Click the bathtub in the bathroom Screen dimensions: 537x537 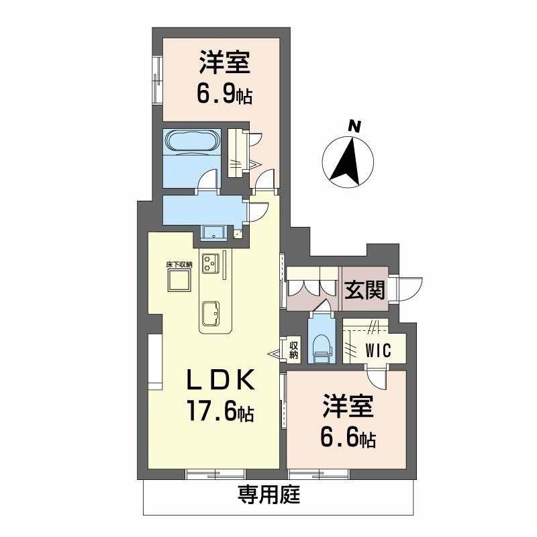click(192, 142)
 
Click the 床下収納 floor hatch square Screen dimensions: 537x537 click(179, 282)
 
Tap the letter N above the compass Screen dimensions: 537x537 click(352, 125)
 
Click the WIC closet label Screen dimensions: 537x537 click(377, 350)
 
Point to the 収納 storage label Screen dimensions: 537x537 click(294, 350)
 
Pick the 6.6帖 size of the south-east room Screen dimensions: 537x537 click(347, 439)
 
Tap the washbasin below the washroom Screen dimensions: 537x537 click(213, 233)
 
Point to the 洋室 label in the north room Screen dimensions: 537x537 click(224, 64)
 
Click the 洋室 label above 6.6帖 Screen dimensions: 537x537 click(348, 408)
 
